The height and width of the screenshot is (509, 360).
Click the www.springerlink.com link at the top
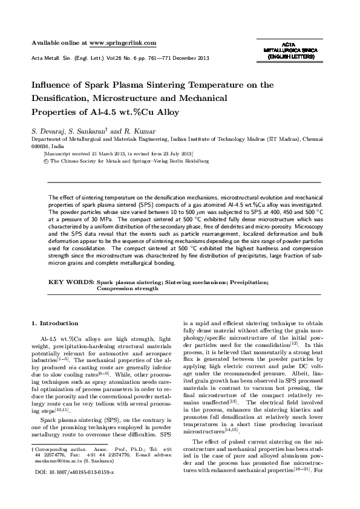[123, 43]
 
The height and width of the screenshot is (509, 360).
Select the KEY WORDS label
[71, 282]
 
